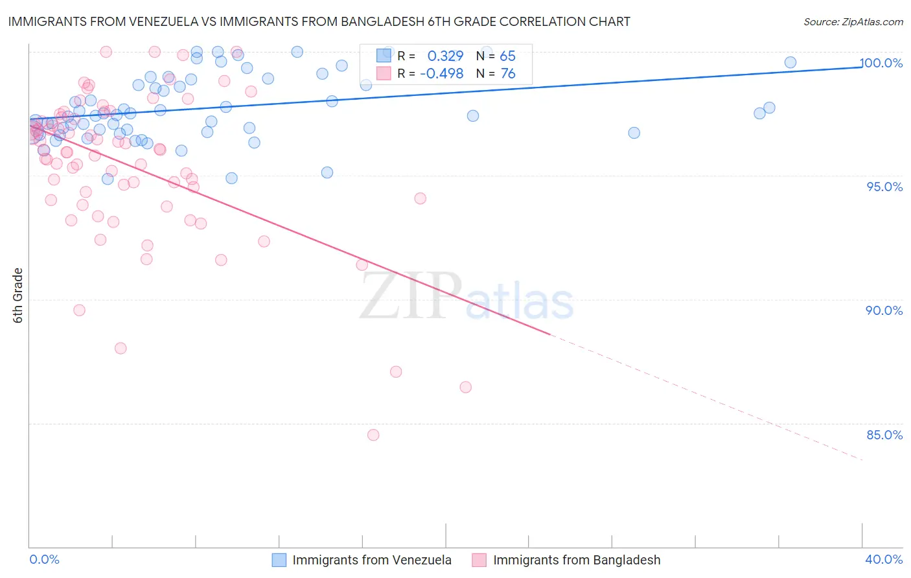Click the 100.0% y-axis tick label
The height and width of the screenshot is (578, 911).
pyautogui.click(x=881, y=63)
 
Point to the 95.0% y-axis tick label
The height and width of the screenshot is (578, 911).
pyautogui.click(x=884, y=187)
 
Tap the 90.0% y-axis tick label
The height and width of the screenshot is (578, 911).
pyautogui.click(x=884, y=310)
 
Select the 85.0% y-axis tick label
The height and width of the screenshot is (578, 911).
pyautogui.click(x=884, y=435)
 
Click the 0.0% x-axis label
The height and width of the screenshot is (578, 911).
pyautogui.click(x=44, y=559)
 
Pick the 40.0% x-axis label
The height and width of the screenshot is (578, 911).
pyautogui.click(x=884, y=559)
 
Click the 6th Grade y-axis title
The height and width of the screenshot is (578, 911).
pyautogui.click(x=18, y=295)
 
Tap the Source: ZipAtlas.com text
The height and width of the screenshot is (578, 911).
pyautogui.click(x=853, y=22)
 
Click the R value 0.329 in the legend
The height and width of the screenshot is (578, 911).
pyautogui.click(x=445, y=56)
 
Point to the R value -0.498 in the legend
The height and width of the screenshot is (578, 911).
pyautogui.click(x=441, y=73)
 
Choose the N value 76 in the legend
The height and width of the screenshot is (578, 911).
pyautogui.click(x=508, y=73)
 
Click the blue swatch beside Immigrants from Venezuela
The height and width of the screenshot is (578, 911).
pyautogui.click(x=279, y=560)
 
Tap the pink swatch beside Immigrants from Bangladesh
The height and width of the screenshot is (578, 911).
pyautogui.click(x=479, y=560)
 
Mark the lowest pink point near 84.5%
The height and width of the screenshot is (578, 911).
pyautogui.click(x=373, y=435)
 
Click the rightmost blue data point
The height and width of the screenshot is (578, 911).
pyautogui.click(x=790, y=62)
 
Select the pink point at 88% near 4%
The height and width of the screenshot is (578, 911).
pyautogui.click(x=121, y=348)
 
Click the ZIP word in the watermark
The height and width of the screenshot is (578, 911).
pyautogui.click(x=411, y=295)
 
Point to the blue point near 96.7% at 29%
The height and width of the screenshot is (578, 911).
pyautogui.click(x=634, y=133)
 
